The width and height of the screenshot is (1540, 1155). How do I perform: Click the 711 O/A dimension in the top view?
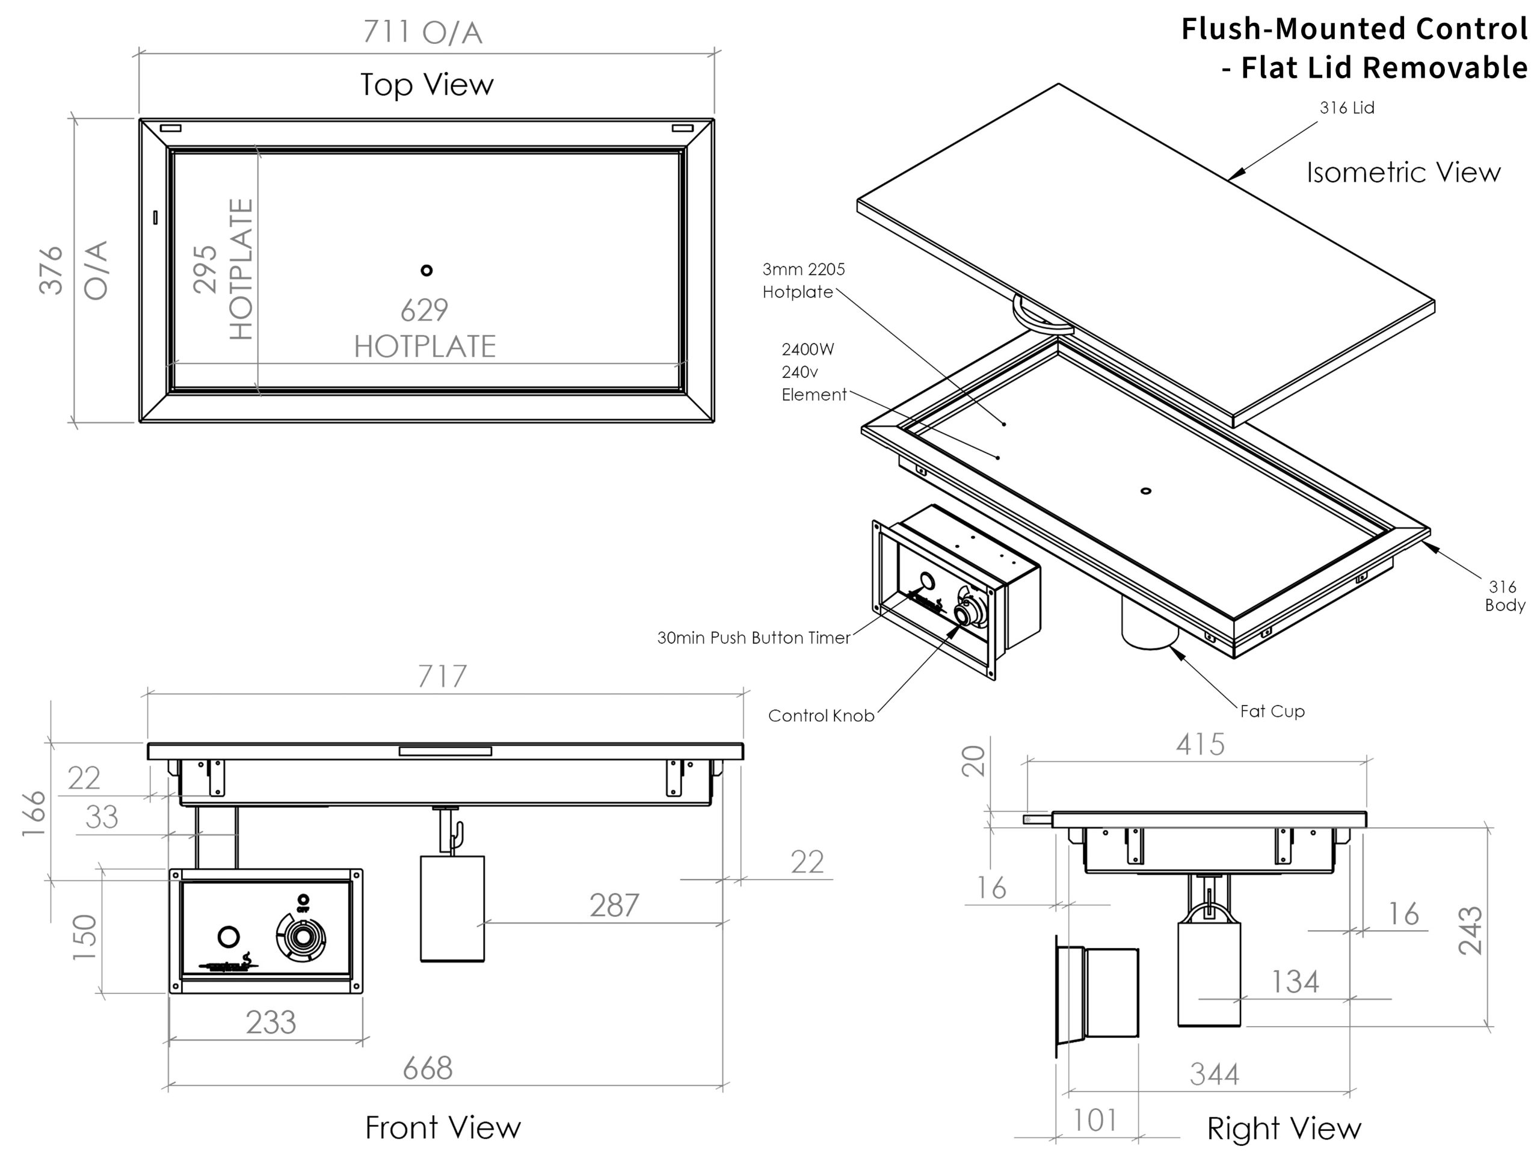coord(422,32)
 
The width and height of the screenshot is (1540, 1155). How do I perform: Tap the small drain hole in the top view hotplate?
coord(427,270)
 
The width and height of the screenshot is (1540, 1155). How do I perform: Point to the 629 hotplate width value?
coord(424,310)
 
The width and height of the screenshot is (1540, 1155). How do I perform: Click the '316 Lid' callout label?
coord(1346,108)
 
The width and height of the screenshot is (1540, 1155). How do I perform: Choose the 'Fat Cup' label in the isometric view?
coord(1272,712)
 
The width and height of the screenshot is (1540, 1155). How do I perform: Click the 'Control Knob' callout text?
coord(821,716)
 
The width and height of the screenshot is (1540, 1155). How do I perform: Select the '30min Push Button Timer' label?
coord(753,638)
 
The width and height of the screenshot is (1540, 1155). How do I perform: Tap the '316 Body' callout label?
coord(1504,596)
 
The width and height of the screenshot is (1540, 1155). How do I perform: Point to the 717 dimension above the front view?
coord(442,677)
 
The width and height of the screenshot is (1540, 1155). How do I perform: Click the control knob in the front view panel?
coord(302,937)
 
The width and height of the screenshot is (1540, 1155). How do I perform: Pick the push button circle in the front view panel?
coord(229,937)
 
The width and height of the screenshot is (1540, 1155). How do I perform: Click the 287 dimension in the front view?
coord(614,906)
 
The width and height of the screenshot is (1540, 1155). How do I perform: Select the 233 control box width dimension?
coord(271,1023)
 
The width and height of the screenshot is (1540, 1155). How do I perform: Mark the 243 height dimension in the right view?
coord(1470,930)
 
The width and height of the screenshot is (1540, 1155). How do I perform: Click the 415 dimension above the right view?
coord(1200,745)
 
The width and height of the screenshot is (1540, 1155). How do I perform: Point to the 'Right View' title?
coord(1284,1129)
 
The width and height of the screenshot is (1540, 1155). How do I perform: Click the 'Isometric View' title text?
coord(1403,173)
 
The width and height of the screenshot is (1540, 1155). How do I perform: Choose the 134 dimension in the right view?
coord(1295,982)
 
